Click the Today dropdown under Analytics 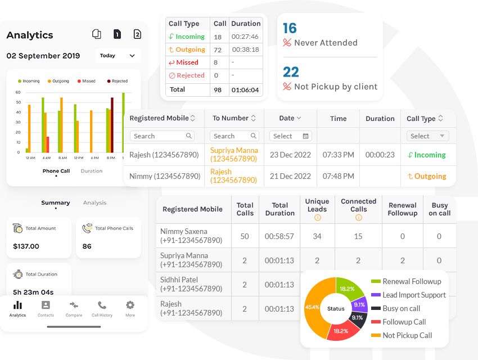(117, 56)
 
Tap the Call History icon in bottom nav (102, 308)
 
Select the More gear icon (130, 308)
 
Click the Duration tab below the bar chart (91, 171)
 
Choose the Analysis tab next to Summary (94, 202)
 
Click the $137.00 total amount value (26, 246)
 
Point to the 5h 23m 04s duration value (33, 292)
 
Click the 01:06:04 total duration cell (246, 89)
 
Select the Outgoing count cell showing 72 (218, 49)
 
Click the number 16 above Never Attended (290, 28)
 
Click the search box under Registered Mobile (161, 136)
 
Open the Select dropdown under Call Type (427, 136)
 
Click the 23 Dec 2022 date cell (290, 155)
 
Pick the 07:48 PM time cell (338, 176)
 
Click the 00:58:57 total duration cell (279, 236)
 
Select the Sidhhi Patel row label (191, 284)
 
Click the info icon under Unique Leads (317, 218)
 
